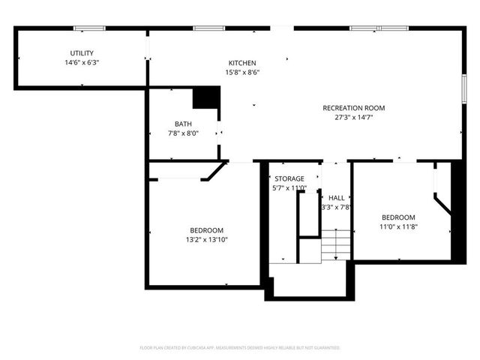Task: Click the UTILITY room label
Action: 82,52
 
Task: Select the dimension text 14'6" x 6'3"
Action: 82,63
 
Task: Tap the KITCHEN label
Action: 242,63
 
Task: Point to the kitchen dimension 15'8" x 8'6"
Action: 242,73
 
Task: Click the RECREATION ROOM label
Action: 349,107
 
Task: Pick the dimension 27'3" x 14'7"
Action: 349,118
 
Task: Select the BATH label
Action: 183,124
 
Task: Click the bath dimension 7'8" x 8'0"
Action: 183,133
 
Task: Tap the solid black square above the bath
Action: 206,98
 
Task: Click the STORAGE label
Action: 289,178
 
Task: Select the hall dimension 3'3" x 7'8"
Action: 336,208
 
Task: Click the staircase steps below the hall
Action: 336,244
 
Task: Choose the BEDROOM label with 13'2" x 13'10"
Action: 206,230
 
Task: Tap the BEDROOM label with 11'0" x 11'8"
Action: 398,217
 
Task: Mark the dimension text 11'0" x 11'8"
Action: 398,226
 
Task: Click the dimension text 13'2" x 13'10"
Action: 206,240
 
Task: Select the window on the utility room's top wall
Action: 89,28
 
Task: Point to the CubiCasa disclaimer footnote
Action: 240,348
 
